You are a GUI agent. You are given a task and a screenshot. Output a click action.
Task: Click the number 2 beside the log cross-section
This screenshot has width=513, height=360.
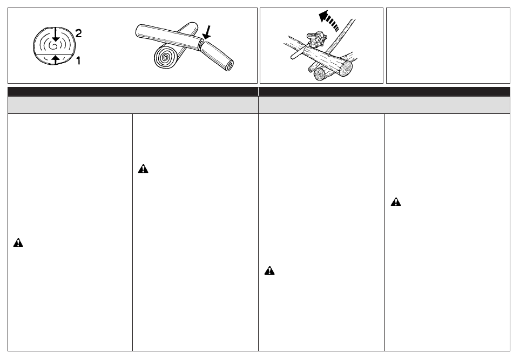78,33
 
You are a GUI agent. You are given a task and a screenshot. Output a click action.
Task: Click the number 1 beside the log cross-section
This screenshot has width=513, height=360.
78,60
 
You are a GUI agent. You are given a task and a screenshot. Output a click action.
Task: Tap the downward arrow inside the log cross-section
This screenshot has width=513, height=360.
56,35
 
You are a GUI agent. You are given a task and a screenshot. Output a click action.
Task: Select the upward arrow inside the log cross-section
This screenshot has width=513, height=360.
56,59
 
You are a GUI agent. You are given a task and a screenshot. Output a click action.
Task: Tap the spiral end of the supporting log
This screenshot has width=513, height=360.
166,57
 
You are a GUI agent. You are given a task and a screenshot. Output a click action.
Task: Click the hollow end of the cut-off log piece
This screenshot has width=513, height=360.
230,65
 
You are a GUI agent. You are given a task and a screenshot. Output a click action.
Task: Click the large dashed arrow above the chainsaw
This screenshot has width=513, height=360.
328,21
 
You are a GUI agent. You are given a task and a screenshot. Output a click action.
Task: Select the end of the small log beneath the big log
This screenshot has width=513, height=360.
320,74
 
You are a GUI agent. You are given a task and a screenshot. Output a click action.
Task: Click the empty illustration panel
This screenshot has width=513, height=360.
448,45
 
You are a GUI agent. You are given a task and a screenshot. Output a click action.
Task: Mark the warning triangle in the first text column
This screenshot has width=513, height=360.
18,243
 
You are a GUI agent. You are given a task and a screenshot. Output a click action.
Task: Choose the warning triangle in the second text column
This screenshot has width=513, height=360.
143,169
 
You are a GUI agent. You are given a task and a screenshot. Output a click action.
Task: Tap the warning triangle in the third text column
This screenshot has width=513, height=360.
269,270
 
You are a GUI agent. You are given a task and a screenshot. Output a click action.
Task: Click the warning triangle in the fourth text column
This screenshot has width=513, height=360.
395,202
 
